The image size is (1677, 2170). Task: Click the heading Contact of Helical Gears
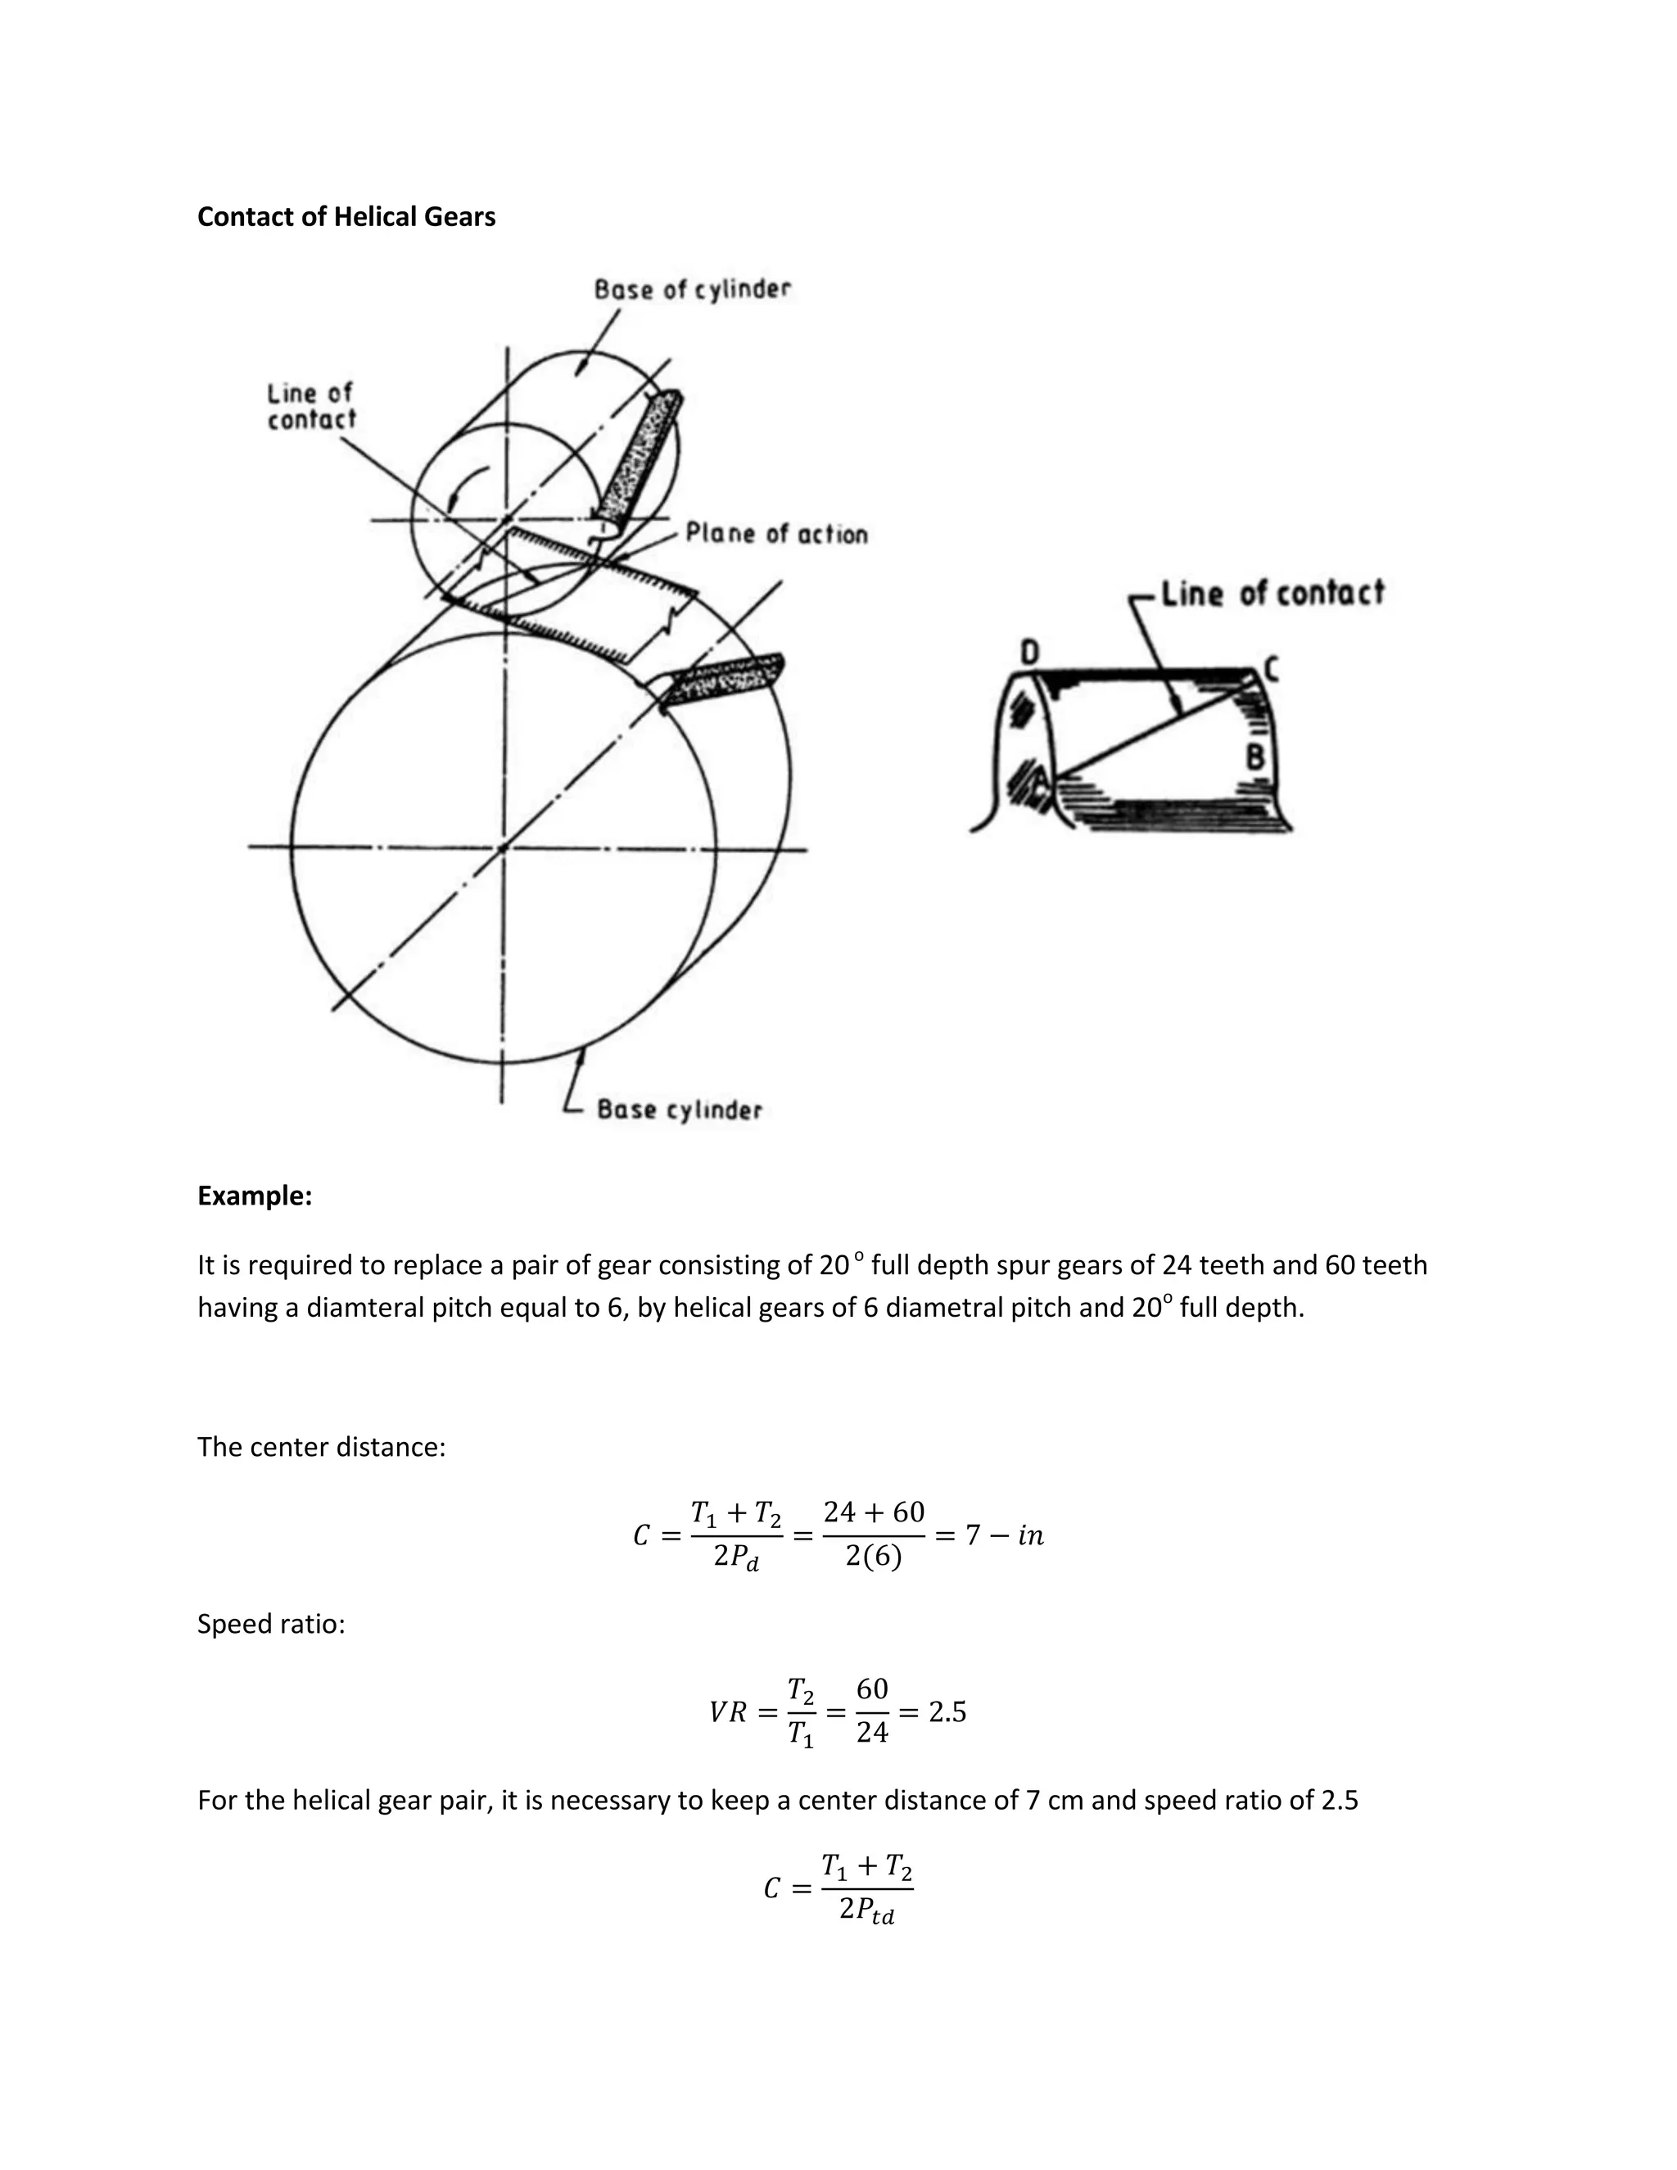coord(346,217)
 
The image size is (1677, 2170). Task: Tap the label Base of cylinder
coord(693,289)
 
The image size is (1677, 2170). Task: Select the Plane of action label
coord(776,534)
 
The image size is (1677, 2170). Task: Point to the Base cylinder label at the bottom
coord(679,1110)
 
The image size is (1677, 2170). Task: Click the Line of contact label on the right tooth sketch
coord(1272,593)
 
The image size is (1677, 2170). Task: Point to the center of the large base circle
coord(503,848)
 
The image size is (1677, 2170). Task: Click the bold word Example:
coord(255,1196)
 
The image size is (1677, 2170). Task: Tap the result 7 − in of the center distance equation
coord(1003,1535)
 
